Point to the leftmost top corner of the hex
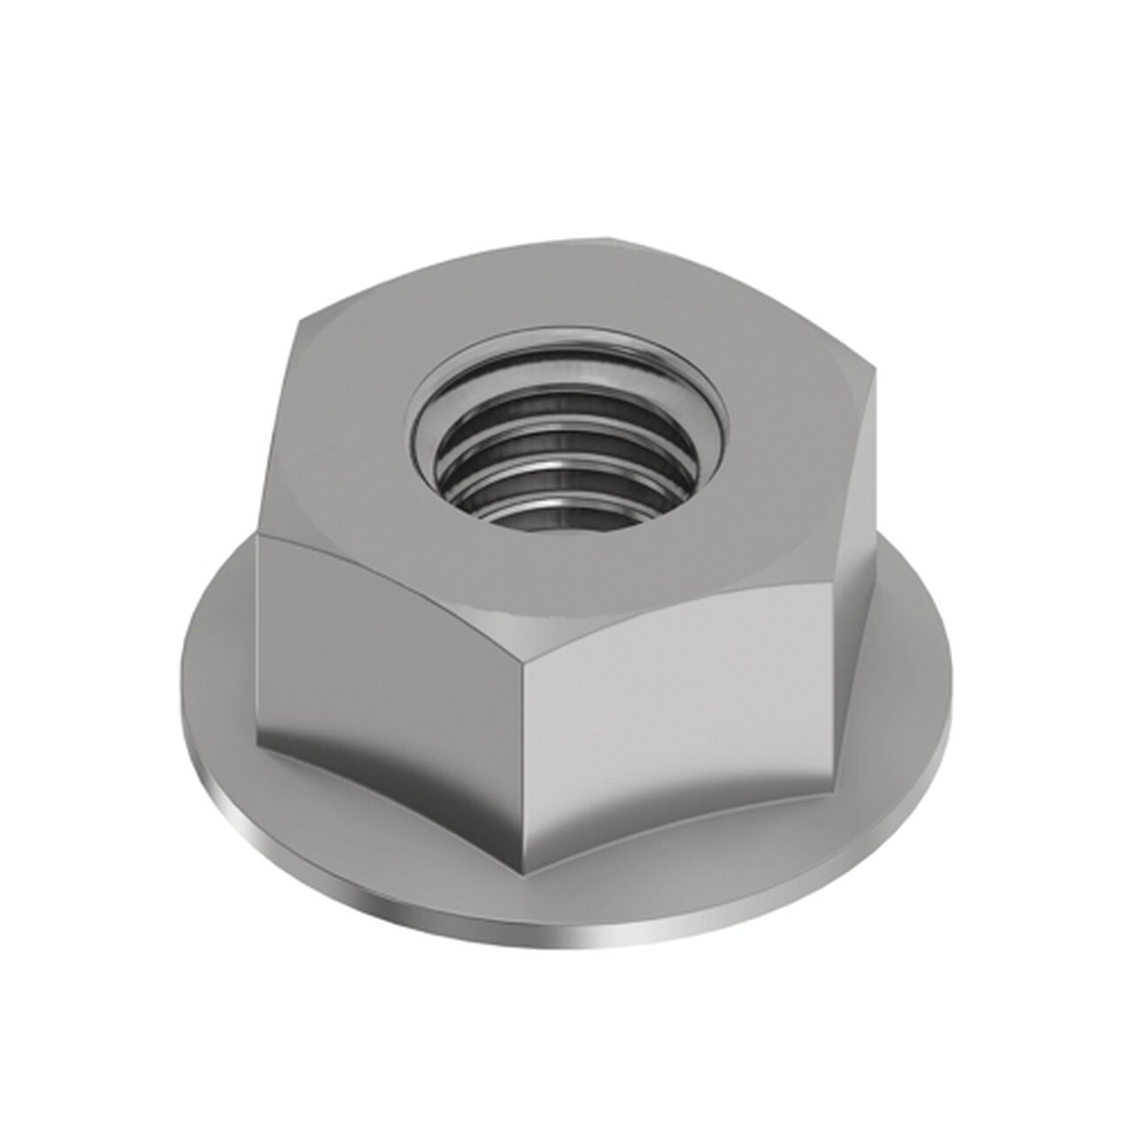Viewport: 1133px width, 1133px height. tap(260, 535)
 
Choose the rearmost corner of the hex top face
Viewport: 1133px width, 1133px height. tap(611, 237)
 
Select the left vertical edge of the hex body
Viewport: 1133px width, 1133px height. tap(258, 637)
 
